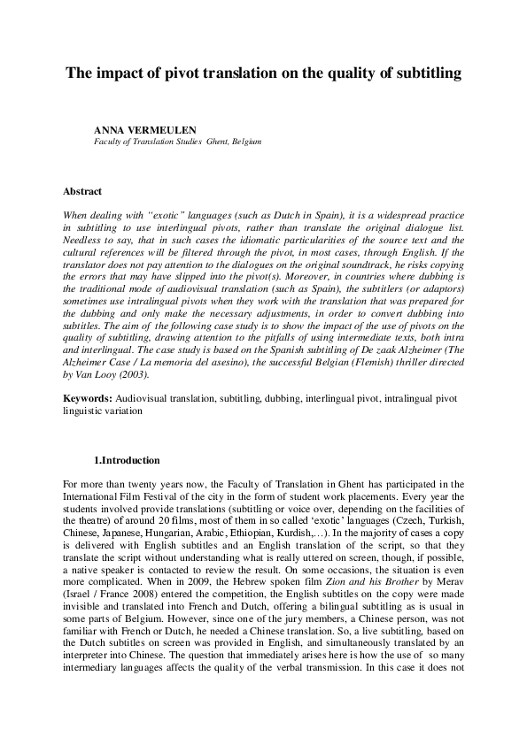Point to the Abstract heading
82,191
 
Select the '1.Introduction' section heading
127,460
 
